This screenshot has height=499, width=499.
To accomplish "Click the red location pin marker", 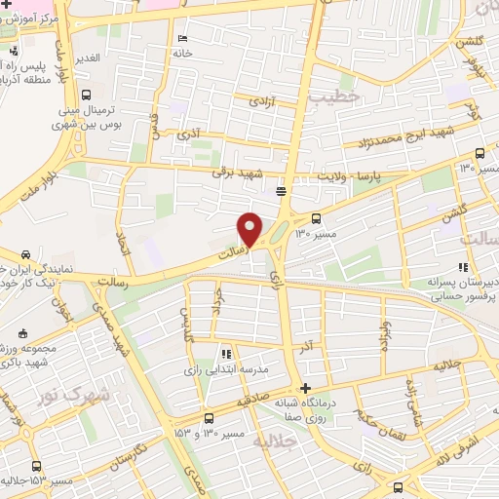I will tap(250, 227).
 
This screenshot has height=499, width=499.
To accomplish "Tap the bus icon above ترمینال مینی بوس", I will tap(88, 95).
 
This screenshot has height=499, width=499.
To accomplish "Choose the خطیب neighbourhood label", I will tap(335, 97).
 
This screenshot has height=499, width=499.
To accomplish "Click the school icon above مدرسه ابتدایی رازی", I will tap(225, 355).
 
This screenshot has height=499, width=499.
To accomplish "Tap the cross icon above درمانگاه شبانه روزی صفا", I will tap(307, 386).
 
